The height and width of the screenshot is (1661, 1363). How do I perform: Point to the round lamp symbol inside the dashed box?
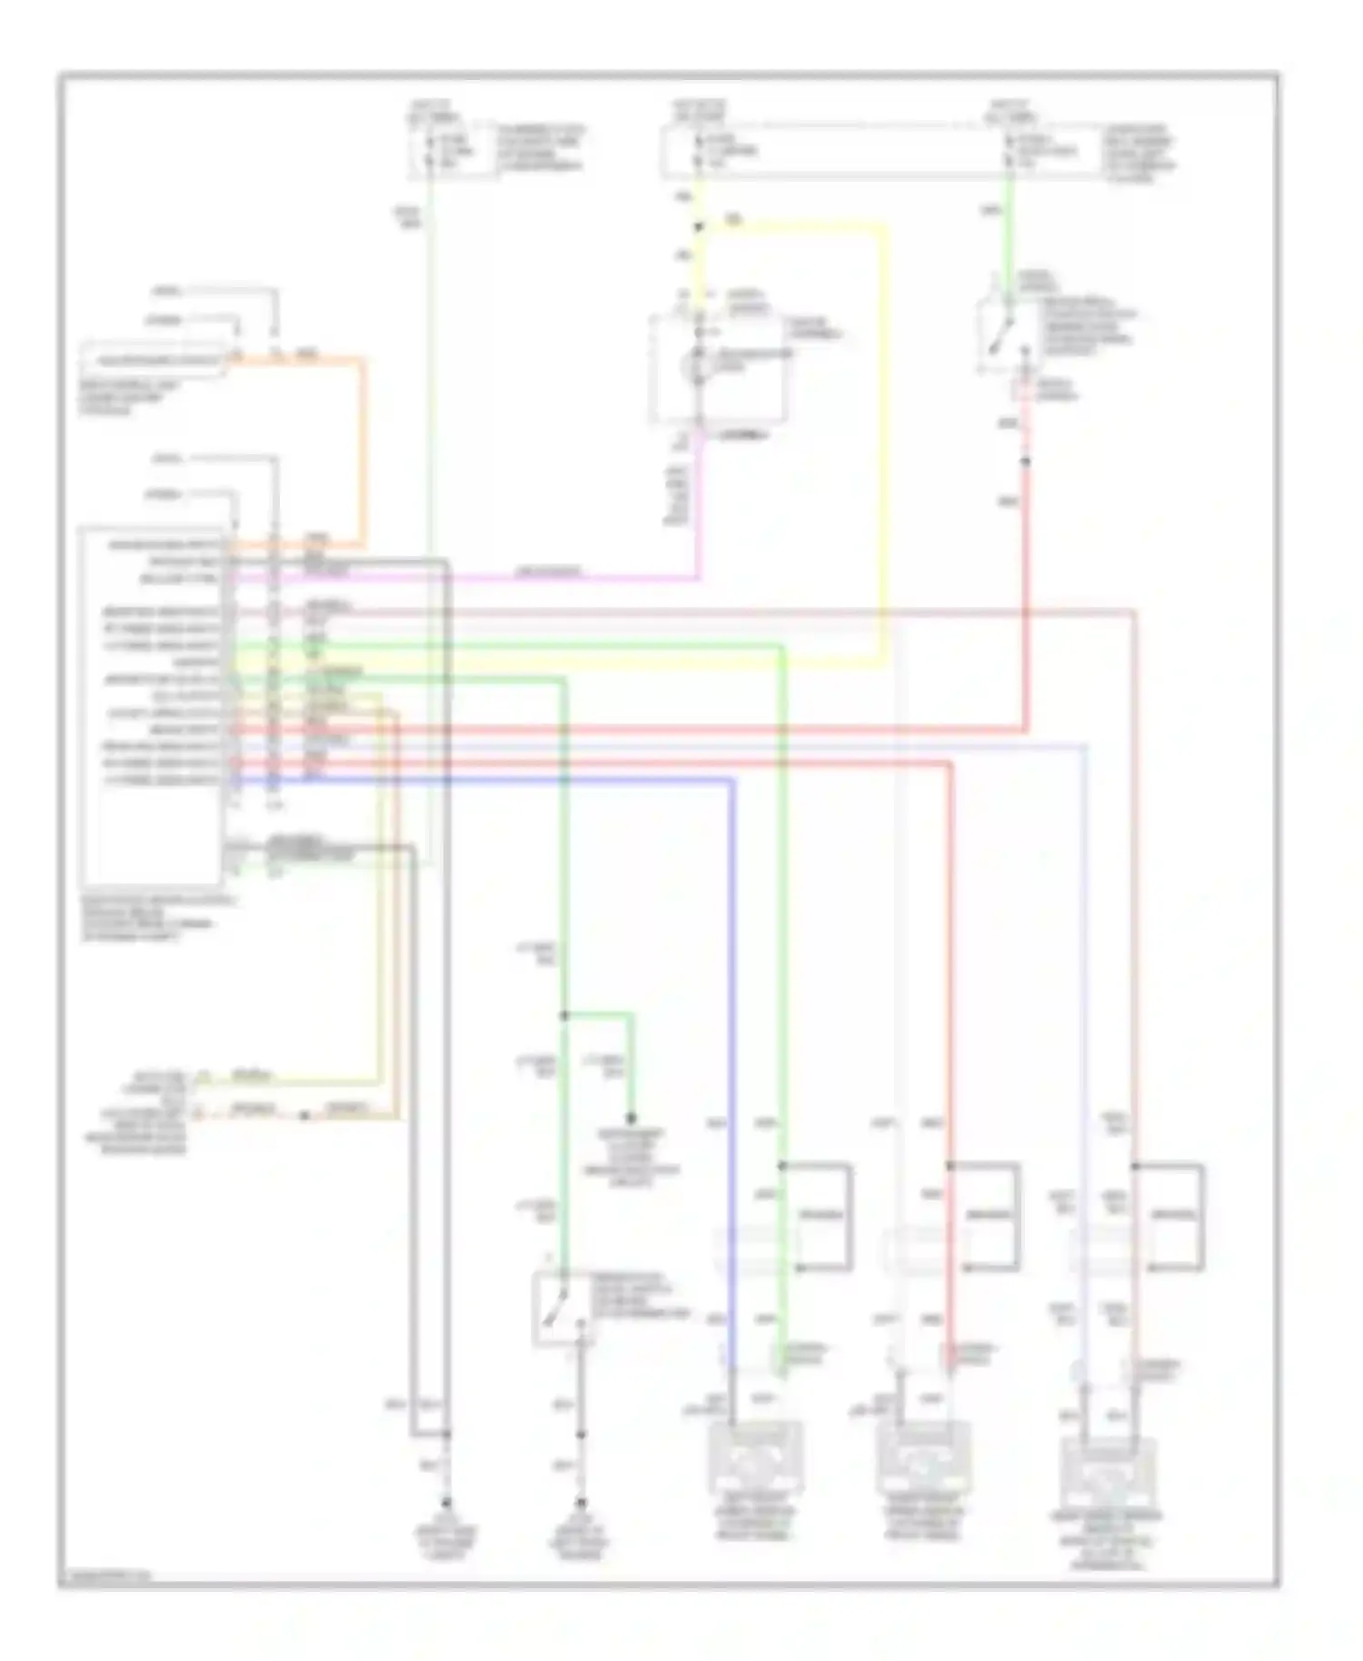(699, 364)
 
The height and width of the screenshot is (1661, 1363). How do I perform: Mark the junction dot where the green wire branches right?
(564, 1015)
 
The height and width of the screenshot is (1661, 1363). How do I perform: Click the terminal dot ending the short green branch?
(630, 1119)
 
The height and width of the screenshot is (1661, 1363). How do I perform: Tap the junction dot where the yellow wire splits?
(699, 227)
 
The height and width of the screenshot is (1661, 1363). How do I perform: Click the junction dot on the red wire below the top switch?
(1025, 462)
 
